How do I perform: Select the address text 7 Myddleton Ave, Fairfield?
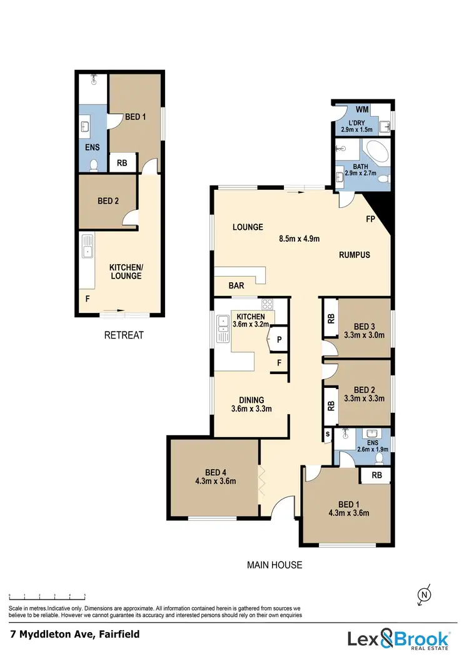(x=74, y=634)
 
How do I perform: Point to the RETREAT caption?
(x=123, y=335)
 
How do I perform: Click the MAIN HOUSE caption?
(x=275, y=565)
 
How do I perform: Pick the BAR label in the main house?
(x=236, y=285)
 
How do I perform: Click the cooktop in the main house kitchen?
(x=267, y=305)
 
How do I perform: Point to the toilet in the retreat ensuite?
(x=94, y=165)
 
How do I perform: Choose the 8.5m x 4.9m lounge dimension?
(x=299, y=238)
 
